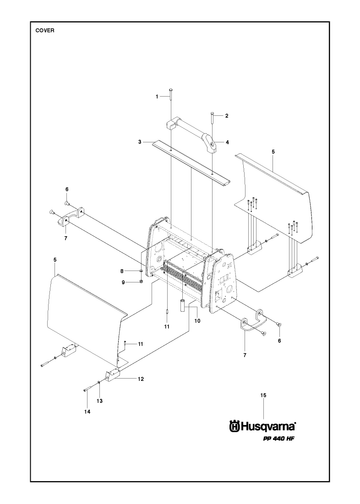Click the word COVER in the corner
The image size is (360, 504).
click(45, 30)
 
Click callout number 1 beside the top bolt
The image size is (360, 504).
click(157, 97)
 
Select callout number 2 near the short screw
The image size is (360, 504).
click(227, 116)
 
